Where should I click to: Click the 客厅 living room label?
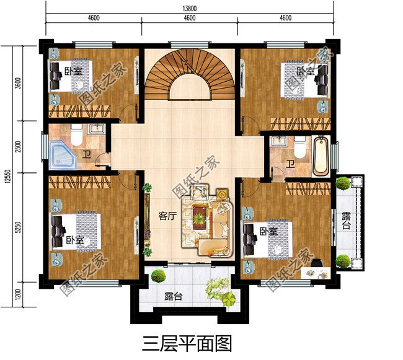click(166, 216)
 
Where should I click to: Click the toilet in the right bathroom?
click(299, 147)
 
